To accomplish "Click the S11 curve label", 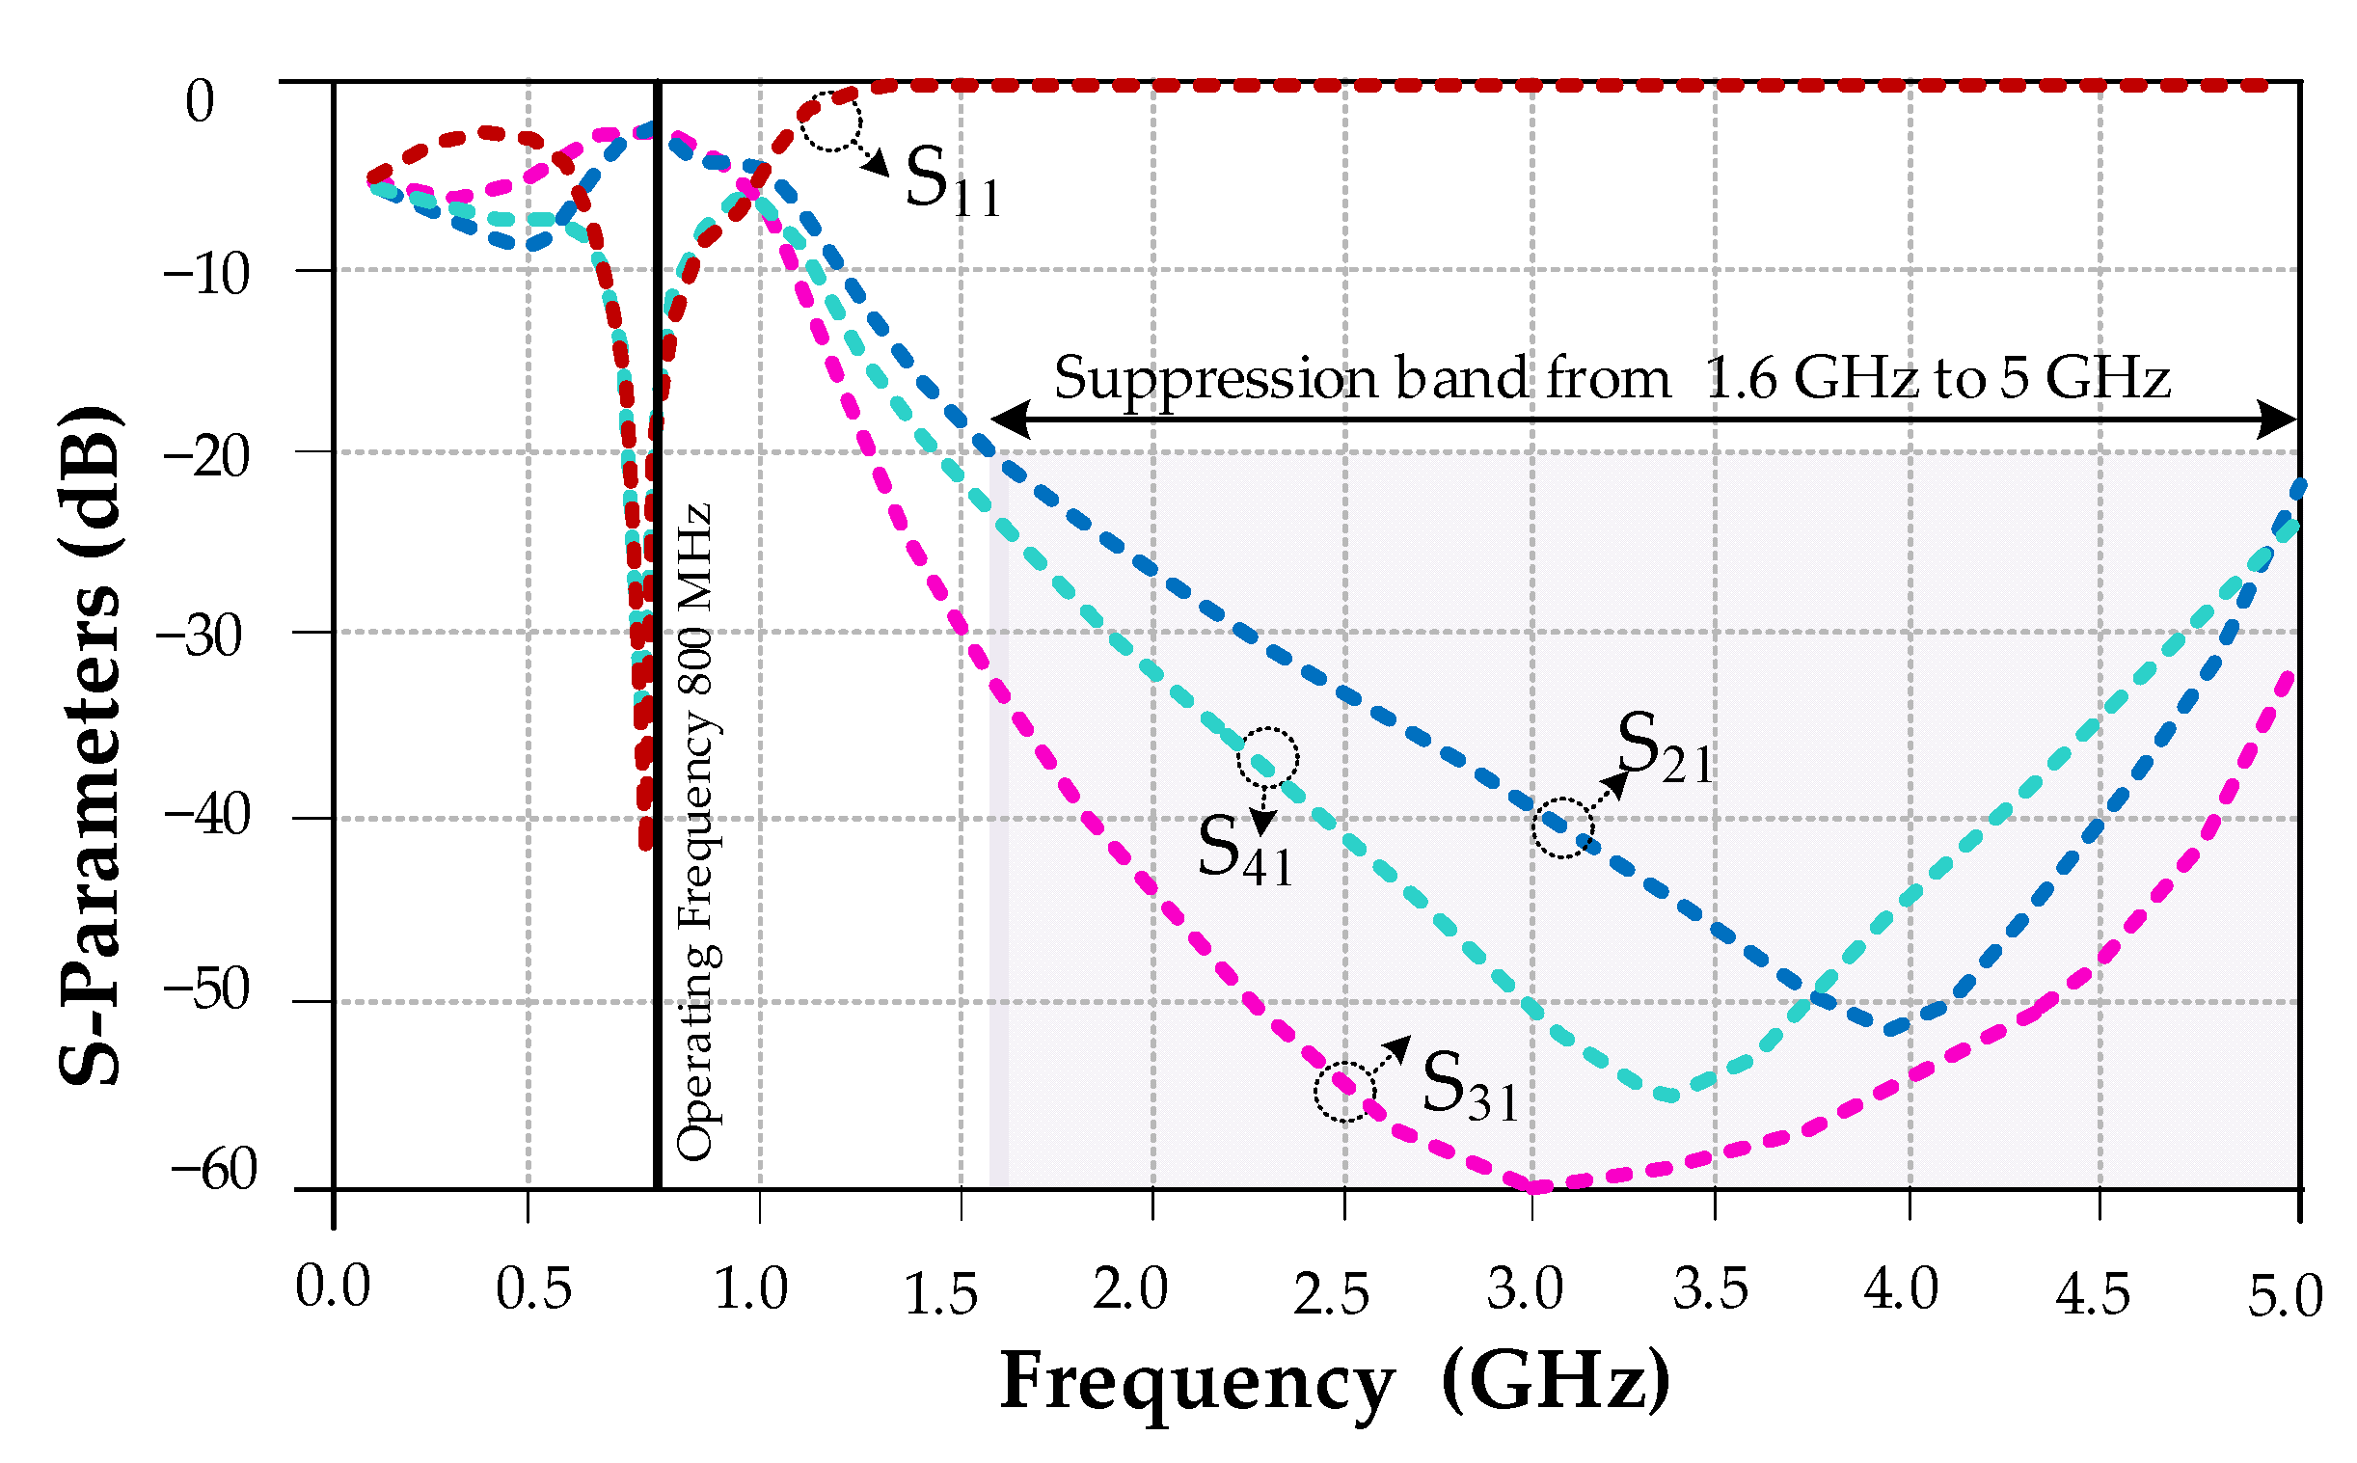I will pos(951,181).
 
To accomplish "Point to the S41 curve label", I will pos(1244,851).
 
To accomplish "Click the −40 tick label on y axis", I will pos(206,814).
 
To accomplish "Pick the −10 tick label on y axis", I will pos(206,274).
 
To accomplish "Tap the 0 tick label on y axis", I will pos(200,100).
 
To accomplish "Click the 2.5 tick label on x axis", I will pos(1332,1294).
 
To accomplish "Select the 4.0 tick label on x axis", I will pos(1900,1289).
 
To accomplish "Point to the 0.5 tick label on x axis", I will pos(533,1289).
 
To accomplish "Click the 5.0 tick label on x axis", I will pos(2284,1296).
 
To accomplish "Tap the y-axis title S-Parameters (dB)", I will pos(91,745).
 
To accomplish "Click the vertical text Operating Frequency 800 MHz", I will pos(694,832).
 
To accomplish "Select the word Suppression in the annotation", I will pos(1214,377).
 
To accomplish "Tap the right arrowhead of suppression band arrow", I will pos(2278,420).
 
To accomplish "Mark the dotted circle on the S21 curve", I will pos(1561,827).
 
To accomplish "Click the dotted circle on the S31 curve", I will pos(1344,1092).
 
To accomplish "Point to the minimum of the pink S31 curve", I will pos(1538,1184).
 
